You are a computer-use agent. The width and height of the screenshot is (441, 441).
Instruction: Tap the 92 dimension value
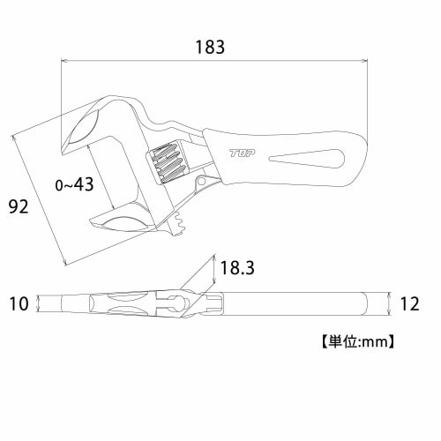click(19, 208)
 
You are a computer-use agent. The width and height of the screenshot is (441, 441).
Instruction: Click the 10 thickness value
click(19, 304)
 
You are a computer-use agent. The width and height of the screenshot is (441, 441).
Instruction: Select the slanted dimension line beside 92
click(40, 198)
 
